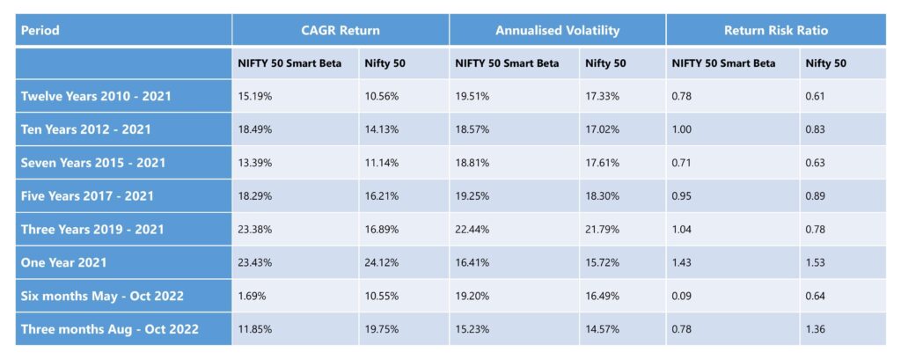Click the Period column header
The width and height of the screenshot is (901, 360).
click(40, 30)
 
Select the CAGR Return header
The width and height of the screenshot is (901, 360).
click(341, 30)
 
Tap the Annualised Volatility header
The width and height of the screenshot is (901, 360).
click(557, 30)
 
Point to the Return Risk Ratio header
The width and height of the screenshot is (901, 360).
click(775, 30)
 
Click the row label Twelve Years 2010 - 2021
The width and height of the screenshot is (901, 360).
click(95, 96)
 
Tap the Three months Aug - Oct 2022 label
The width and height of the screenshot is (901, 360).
click(109, 329)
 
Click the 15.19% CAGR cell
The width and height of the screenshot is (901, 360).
click(255, 96)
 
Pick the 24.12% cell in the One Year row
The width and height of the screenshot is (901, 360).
click(381, 262)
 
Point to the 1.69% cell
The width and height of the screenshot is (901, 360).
click(253, 296)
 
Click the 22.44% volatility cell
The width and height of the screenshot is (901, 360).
click(472, 229)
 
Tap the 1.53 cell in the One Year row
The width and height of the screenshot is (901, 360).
click(815, 262)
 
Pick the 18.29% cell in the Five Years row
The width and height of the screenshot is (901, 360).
click(255, 195)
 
